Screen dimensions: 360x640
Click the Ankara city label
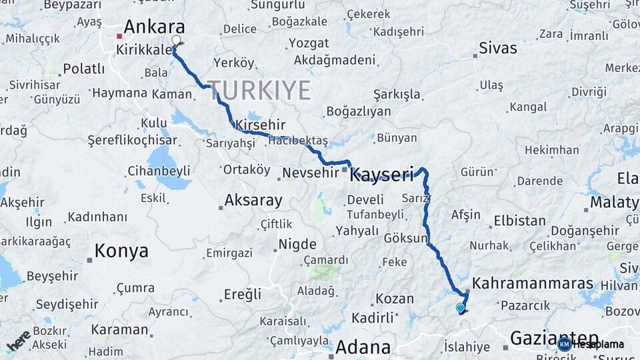tap(154, 27)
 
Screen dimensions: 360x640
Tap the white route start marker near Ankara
tap(176, 40)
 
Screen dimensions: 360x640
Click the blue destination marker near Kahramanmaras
tap(460, 308)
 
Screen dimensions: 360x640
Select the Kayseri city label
tap(382, 175)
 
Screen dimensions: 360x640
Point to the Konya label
tap(121, 251)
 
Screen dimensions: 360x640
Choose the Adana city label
tap(363, 347)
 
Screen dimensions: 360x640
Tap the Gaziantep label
tap(553, 338)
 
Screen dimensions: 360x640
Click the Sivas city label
tap(498, 48)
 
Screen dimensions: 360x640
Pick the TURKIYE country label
tap(259, 90)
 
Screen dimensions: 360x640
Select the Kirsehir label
tap(260, 125)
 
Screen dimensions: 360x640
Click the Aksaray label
tap(253, 200)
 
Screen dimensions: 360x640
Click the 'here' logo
tap(19, 341)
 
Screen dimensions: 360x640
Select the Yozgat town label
tap(309, 43)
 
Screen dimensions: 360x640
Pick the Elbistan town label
tap(519, 221)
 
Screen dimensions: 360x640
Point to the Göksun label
tap(405, 238)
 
